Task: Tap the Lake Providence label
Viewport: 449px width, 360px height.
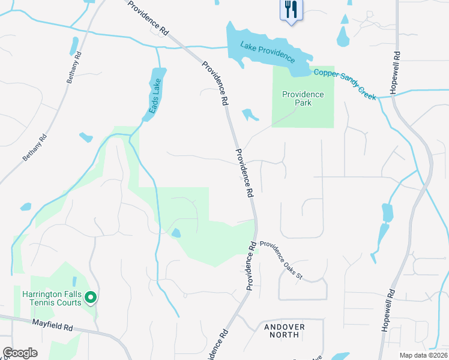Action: coord(267,52)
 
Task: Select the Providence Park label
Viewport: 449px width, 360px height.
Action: coord(303,98)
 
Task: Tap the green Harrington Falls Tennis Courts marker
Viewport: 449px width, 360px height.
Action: coord(91,296)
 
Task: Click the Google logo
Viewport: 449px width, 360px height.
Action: coord(20,353)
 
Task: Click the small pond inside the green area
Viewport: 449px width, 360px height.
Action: coord(175,233)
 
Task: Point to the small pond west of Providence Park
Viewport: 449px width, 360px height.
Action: coord(249,115)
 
